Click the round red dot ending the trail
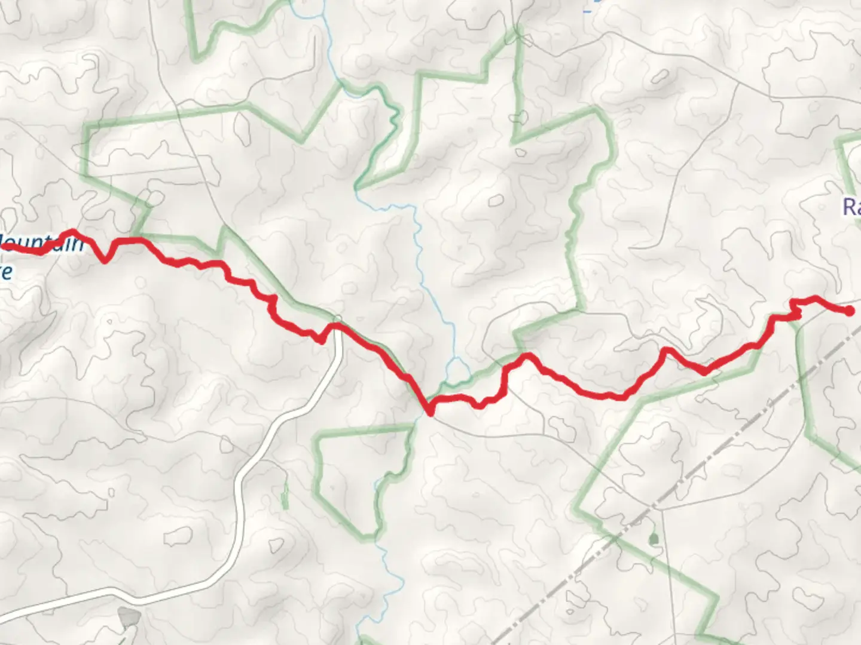tap(849, 311)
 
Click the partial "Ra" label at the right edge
tap(851, 207)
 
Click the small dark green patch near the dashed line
tap(653, 539)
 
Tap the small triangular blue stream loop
tap(457, 371)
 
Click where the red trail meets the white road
tap(337, 326)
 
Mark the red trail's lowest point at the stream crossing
tap(429, 411)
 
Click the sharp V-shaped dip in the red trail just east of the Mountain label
tap(106, 259)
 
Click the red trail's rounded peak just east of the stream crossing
tap(527, 357)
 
